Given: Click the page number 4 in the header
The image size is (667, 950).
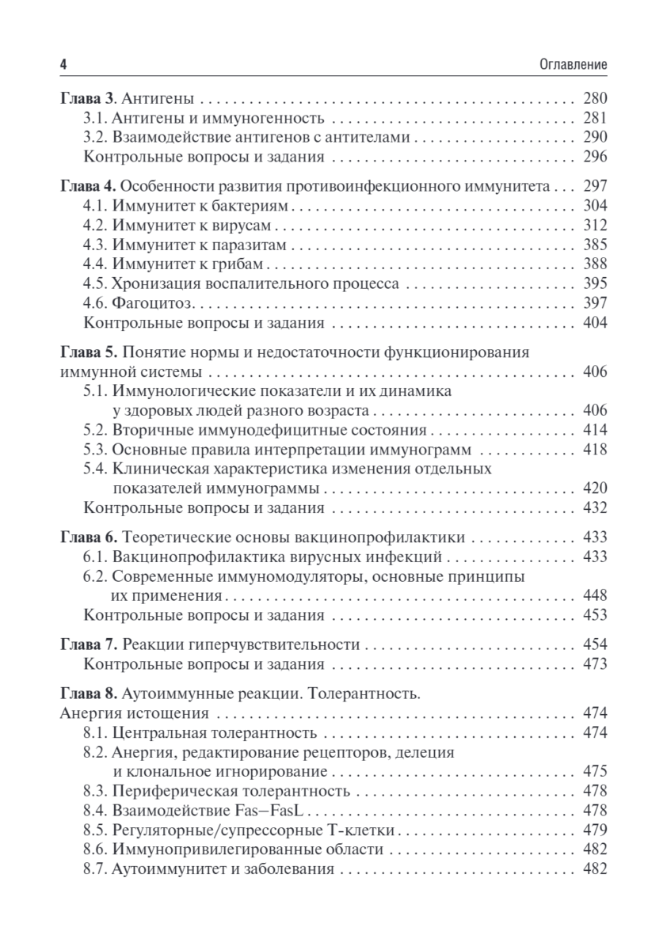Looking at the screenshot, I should click(x=63, y=63).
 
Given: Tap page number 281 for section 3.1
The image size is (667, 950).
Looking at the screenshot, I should click(x=593, y=119).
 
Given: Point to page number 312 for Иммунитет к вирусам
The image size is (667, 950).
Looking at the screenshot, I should click(x=593, y=226).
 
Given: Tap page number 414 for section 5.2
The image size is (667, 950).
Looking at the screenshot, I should click(x=593, y=431).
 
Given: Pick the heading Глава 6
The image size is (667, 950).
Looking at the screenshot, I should click(x=88, y=538).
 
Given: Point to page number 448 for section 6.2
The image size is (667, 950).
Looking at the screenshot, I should click(x=593, y=595).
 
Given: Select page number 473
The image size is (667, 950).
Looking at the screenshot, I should click(x=593, y=663).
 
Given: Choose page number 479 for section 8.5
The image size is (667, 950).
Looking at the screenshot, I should click(x=593, y=830).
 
